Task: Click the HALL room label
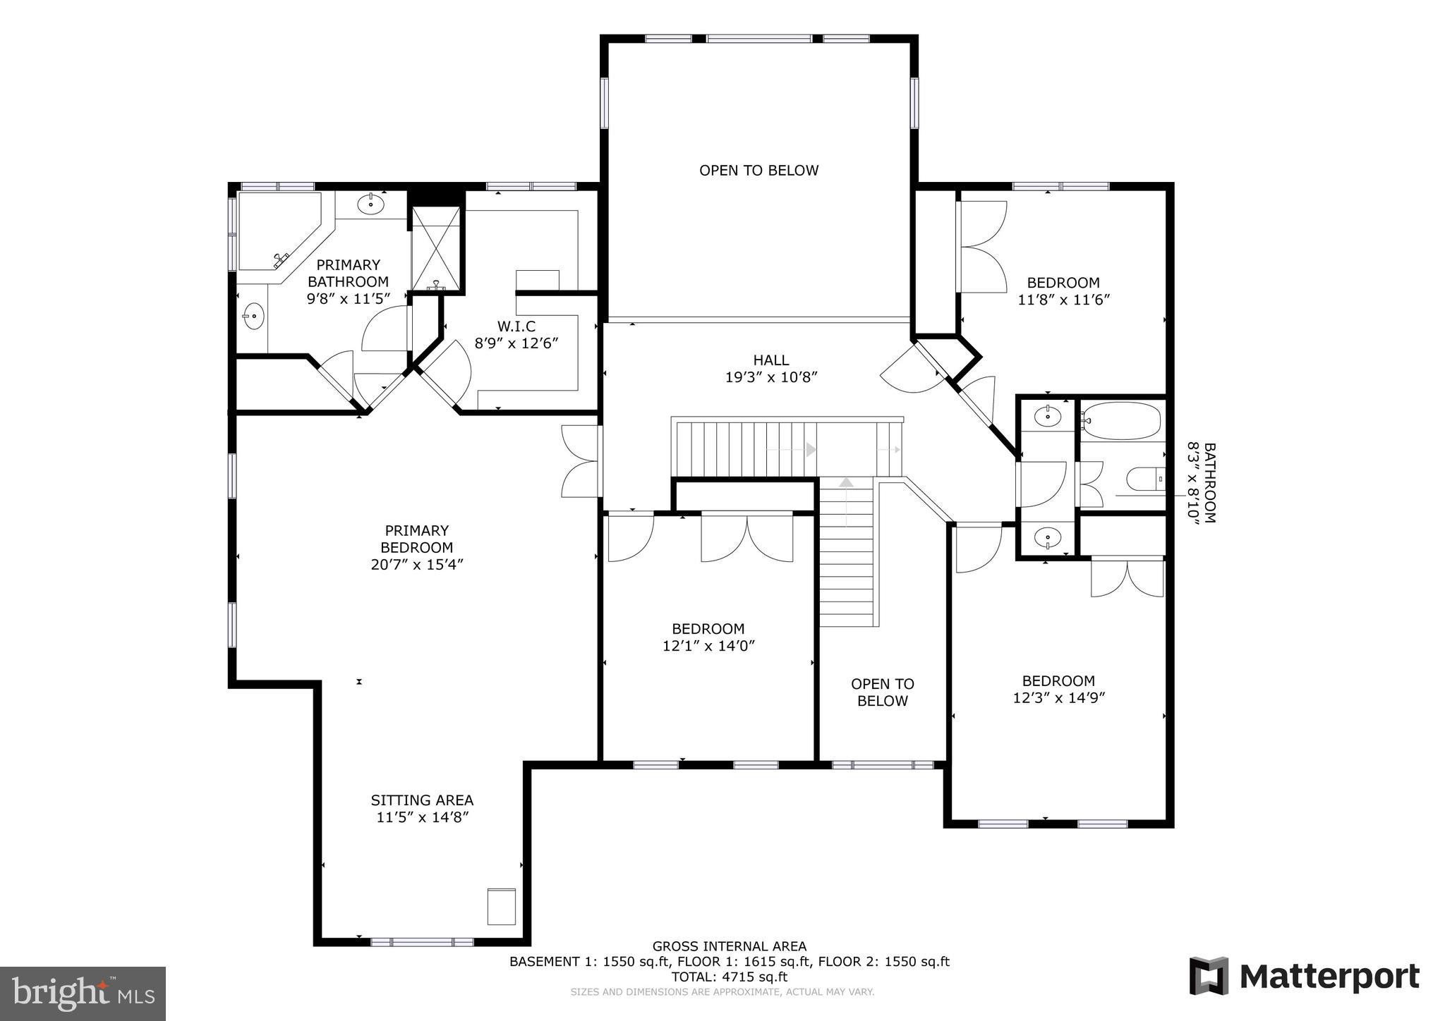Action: click(770, 360)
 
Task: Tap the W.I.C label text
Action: click(516, 326)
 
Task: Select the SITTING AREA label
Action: click(422, 800)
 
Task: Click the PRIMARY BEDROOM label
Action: click(416, 539)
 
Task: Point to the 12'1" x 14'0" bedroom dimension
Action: click(708, 646)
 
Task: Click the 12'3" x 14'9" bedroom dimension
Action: click(1058, 698)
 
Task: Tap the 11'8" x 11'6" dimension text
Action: click(1063, 300)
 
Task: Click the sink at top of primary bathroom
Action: click(370, 204)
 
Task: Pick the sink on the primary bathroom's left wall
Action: click(253, 317)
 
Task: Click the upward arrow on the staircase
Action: click(846, 483)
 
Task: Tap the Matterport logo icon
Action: click(1209, 976)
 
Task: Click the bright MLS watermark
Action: click(83, 994)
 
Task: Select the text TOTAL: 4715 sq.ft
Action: click(729, 977)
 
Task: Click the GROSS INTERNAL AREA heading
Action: click(729, 946)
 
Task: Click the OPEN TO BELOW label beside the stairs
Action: click(882, 692)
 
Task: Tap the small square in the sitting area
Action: click(501, 906)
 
